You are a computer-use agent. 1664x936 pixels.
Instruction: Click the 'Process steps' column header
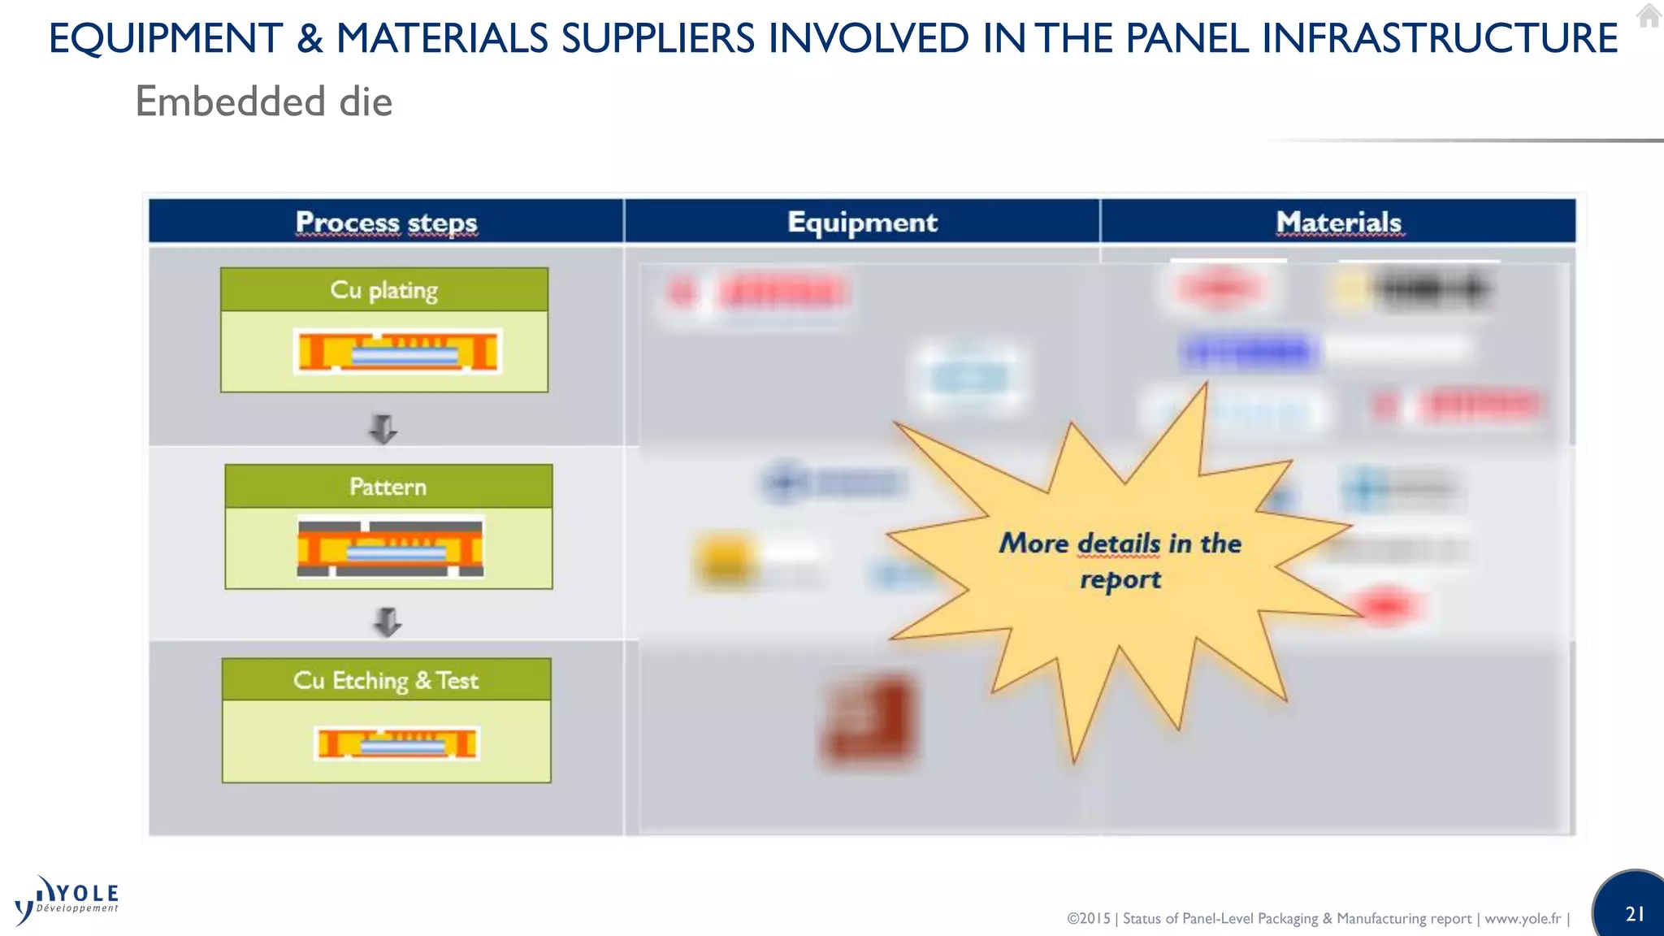click(386, 222)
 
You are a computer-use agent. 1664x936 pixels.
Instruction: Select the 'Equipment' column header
click(862, 222)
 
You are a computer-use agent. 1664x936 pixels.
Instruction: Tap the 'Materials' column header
click(1338, 222)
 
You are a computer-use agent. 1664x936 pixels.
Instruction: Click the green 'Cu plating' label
click(383, 290)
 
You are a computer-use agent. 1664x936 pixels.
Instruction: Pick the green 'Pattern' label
click(388, 487)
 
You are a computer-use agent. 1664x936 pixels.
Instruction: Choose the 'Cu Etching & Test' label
click(386, 680)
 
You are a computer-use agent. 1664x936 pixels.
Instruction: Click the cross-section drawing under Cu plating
click(398, 352)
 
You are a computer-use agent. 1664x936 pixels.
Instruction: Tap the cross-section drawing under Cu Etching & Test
click(396, 743)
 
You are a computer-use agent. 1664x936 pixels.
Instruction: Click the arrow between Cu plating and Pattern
click(383, 428)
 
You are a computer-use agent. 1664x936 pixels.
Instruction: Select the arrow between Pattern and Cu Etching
click(388, 622)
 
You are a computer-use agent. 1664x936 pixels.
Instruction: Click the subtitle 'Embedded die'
click(264, 102)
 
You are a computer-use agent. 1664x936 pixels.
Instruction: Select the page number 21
click(1635, 914)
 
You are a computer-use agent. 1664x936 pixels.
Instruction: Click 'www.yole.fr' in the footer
click(1522, 918)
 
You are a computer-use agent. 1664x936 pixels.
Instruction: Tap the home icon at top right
click(1649, 15)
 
